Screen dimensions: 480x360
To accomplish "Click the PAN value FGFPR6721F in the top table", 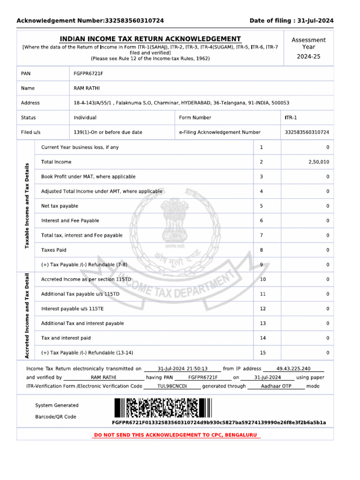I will point(89,74).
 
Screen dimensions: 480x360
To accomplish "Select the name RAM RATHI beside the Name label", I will point(87,88).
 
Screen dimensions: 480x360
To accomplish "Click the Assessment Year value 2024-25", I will point(308,57).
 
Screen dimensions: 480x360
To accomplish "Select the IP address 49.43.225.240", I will point(293,369).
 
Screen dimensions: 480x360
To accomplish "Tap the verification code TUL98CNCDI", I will point(172,386).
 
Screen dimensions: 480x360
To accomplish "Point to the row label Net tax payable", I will point(60,206).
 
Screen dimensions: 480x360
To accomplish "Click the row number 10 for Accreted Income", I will point(262,279).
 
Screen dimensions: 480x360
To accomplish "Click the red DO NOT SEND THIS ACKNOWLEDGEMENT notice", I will point(176,435).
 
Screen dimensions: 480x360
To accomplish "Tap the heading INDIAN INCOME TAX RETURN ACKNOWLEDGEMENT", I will point(150,39).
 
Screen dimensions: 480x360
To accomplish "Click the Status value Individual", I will point(85,118).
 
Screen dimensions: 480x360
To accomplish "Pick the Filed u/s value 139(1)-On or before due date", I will point(108,132).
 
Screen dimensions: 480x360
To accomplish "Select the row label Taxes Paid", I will point(54,250).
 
